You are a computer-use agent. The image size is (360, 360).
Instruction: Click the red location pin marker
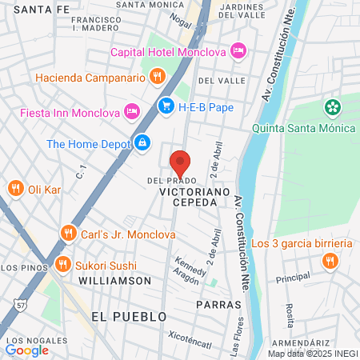pyautogui.click(x=181, y=162)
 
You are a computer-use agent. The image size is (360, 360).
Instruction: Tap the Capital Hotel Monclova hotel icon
pyautogui.click(x=238, y=52)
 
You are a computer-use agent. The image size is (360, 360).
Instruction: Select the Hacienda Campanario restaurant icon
pyautogui.click(x=158, y=78)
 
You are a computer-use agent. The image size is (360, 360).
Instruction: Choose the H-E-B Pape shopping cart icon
pyautogui.click(x=166, y=105)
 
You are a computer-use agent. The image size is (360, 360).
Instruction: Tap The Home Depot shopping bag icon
pyautogui.click(x=142, y=143)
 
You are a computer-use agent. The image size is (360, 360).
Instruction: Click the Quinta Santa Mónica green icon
pyautogui.click(x=331, y=107)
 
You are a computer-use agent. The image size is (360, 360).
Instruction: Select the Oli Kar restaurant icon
pyautogui.click(x=14, y=189)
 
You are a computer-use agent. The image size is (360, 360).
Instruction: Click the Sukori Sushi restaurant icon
pyautogui.click(x=62, y=264)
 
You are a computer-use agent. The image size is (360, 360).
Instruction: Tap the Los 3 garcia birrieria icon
pyautogui.click(x=329, y=261)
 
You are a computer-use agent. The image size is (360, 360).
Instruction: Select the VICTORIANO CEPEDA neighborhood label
pyautogui.click(x=189, y=198)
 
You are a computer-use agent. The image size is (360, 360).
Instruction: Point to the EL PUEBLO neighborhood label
pyautogui.click(x=129, y=317)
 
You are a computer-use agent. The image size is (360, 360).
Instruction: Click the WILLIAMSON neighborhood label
pyautogui.click(x=114, y=281)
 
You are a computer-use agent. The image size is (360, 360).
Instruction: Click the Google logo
pyautogui.click(x=26, y=350)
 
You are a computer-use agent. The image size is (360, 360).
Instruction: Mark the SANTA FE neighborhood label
pyautogui.click(x=31, y=10)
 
